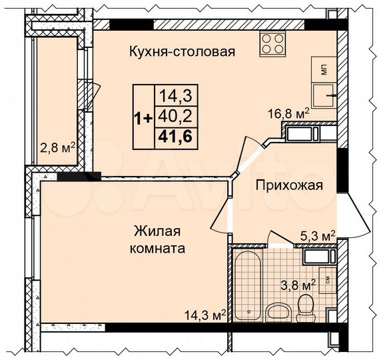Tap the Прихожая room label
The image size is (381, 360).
(290, 185)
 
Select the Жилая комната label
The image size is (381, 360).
(159, 239)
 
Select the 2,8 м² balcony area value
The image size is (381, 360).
(57, 147)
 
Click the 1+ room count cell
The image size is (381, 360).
(143, 117)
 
